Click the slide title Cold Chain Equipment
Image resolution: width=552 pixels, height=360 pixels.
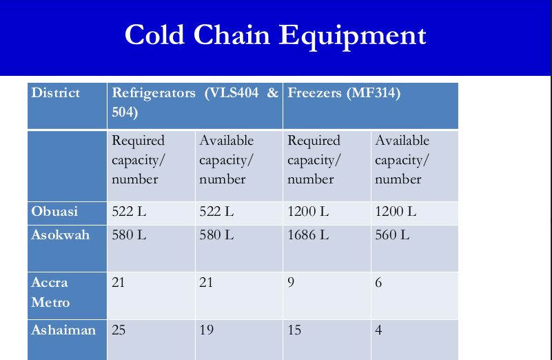coord(275,35)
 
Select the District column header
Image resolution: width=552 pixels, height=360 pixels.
coord(56,93)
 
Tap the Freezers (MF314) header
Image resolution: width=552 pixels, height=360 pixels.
coord(344,93)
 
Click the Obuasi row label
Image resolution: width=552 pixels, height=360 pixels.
coord(54,211)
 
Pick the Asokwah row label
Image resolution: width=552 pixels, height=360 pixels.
coord(60,235)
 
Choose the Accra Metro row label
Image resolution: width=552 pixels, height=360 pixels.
coord(50,292)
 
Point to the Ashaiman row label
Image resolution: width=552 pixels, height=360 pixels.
coord(63,330)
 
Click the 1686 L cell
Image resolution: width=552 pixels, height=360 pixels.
coord(308,235)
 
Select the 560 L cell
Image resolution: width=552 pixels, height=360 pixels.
coord(392,235)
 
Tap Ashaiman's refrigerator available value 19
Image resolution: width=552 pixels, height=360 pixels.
coord(206,330)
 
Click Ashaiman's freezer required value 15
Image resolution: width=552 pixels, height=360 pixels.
coord(294,330)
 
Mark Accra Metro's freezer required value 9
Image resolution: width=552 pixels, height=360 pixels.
coord(291,283)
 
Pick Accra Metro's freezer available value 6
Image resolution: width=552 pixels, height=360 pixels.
coord(378,283)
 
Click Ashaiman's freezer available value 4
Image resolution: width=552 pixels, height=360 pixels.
coord(378,330)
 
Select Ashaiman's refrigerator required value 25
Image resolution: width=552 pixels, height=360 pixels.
coord(119,330)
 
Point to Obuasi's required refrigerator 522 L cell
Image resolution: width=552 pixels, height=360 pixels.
coord(129,211)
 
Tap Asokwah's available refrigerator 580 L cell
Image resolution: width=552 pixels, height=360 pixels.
coord(216,235)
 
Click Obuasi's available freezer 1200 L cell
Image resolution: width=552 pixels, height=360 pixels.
coord(396,211)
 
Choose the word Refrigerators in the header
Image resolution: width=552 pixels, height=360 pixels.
coord(154,93)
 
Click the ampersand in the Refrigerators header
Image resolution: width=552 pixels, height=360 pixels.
coord(272,93)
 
